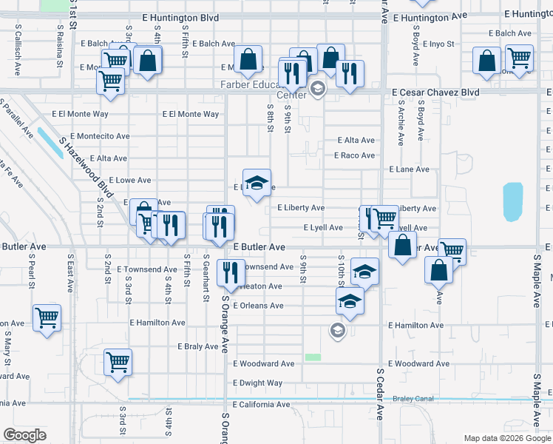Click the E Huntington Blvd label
(x=180, y=17)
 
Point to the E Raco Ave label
(x=354, y=155)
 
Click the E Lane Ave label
(x=409, y=169)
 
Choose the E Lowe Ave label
(x=129, y=180)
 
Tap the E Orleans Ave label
(x=258, y=306)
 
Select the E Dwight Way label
(x=257, y=383)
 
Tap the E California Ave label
(x=262, y=405)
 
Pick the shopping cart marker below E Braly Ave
(x=118, y=363)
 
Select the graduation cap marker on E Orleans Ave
(x=350, y=300)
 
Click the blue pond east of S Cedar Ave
(x=512, y=202)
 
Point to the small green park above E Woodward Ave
(x=313, y=357)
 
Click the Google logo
(x=25, y=435)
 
